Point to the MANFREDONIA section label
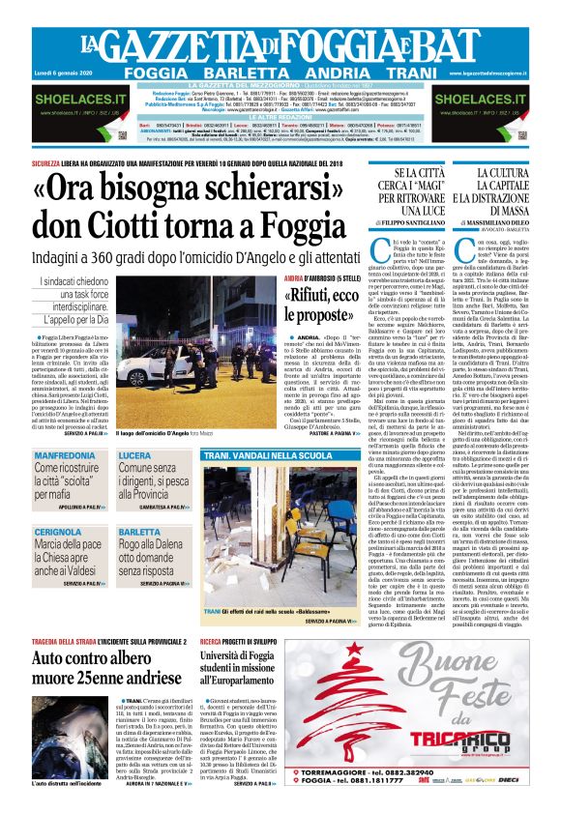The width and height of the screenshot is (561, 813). pyautogui.click(x=65, y=427)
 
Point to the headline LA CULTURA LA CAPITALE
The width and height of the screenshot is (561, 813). pyautogui.click(x=507, y=189)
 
